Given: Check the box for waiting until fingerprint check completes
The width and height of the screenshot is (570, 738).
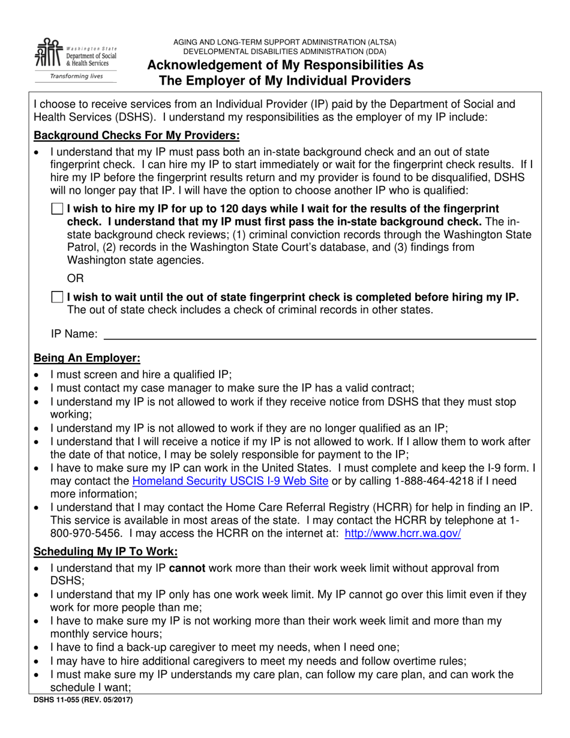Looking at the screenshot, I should (57, 297).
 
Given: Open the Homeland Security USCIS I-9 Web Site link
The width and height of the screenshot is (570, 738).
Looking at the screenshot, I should (230, 481).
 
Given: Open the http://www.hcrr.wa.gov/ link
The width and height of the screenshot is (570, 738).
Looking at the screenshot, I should (403, 533).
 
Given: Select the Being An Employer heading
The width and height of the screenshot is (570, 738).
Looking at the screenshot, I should (87, 358).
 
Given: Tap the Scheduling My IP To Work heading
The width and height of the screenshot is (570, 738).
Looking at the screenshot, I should (106, 551).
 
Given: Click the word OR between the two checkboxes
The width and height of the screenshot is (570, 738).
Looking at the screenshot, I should (76, 278).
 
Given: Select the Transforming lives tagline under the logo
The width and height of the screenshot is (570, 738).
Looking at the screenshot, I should (76, 77).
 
